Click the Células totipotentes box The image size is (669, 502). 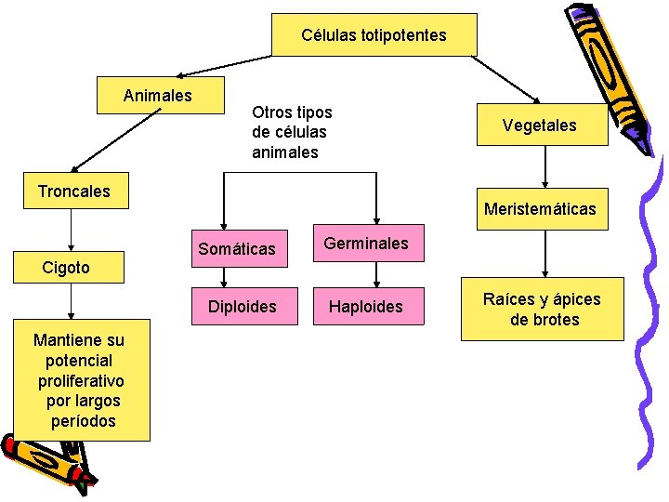(x=374, y=35)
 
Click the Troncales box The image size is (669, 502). (x=73, y=192)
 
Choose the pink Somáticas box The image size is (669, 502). (x=236, y=248)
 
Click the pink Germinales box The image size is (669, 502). (x=365, y=244)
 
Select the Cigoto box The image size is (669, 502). (x=67, y=268)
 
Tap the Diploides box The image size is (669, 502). (x=242, y=307)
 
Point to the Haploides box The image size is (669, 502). (x=366, y=307)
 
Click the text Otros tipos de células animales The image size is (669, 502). (x=291, y=132)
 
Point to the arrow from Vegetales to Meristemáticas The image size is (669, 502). (x=544, y=167)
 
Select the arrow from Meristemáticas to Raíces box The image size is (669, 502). (x=544, y=253)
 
